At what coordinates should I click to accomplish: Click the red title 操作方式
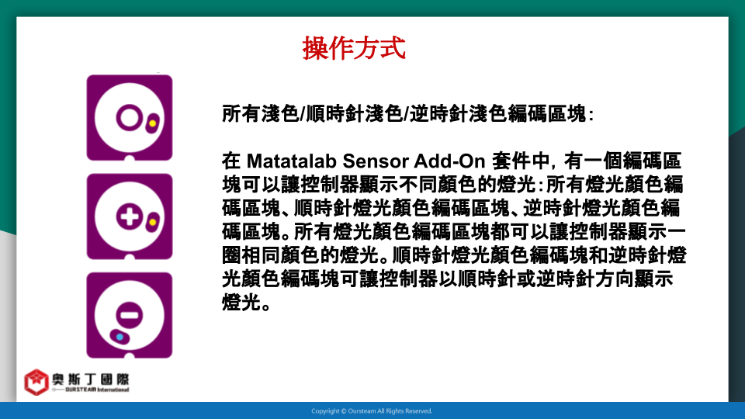pos(354,48)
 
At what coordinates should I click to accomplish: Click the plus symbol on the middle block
pos(130,217)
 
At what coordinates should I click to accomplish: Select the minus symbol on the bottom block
pos(130,314)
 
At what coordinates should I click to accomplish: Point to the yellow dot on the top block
pos(153,123)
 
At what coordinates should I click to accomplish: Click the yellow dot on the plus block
pos(153,222)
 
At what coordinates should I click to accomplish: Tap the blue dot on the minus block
pos(120,337)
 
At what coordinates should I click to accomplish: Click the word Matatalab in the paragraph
pos(292,161)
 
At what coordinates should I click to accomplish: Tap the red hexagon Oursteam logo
pos(36,382)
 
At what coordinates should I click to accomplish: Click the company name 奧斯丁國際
pos(90,379)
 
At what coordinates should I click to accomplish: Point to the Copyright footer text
pos(372,411)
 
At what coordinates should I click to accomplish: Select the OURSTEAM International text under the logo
pos(97,390)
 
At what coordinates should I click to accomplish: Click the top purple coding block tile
pos(130,118)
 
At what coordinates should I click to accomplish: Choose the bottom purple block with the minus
pos(130,316)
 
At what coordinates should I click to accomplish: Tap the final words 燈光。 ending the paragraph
pos(247,302)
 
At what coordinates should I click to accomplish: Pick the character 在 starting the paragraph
pos(231,161)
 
